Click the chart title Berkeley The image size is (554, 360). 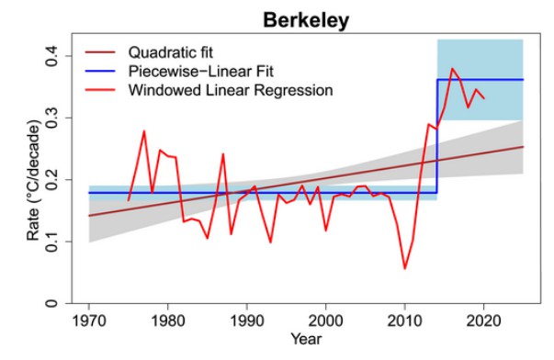click(x=306, y=21)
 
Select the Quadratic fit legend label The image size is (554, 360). click(x=171, y=52)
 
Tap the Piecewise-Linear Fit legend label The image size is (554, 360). click(x=200, y=72)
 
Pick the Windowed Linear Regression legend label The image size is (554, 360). click(x=231, y=90)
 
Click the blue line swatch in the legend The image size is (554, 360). click(x=100, y=72)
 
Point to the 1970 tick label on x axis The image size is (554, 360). click(x=89, y=321)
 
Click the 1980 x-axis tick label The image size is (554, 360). click(x=167, y=321)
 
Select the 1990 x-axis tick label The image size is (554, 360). click(x=246, y=321)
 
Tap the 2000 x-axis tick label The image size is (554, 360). click(x=325, y=321)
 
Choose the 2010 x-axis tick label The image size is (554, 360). click(x=404, y=321)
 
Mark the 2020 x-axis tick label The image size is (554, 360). click(x=483, y=321)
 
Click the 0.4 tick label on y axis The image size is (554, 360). click(x=51, y=56)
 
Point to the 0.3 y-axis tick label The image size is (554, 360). click(x=51, y=118)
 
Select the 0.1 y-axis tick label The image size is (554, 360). click(x=51, y=242)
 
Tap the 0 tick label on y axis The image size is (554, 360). click(x=51, y=303)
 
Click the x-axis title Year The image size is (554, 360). click(x=306, y=339)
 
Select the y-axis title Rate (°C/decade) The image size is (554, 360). click(x=34, y=180)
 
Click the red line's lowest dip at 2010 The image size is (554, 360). click(x=404, y=269)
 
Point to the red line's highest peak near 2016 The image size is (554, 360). click(x=452, y=69)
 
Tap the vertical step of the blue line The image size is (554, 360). click(x=437, y=136)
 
